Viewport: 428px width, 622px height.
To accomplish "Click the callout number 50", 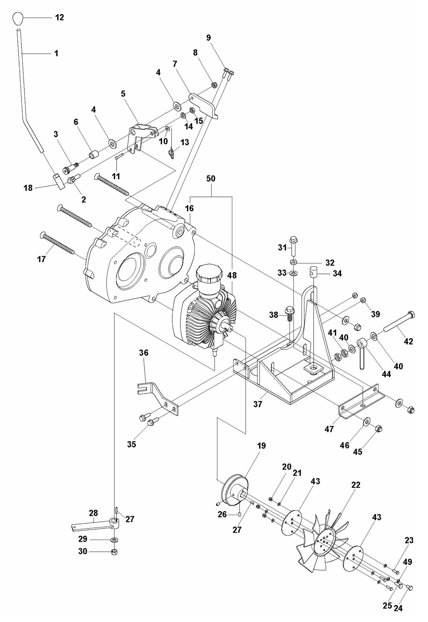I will pos(211,179).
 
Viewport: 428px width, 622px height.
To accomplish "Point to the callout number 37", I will pos(258,404).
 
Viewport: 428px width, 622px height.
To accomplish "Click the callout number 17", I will pos(41,259).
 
